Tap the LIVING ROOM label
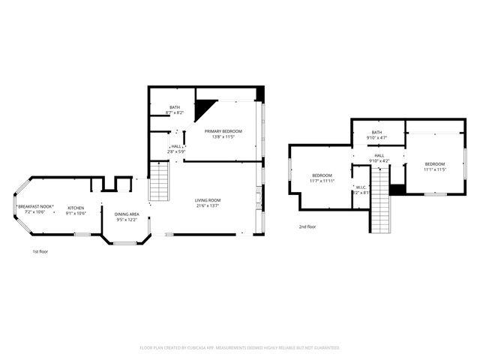coord(208,200)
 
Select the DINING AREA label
coord(127,214)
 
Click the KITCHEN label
coord(76,208)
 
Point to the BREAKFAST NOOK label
coord(34,207)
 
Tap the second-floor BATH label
coord(376,133)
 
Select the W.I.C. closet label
coord(361,187)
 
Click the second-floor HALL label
coord(379,155)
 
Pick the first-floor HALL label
coord(175,147)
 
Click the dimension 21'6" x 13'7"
coord(208,206)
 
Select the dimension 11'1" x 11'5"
coord(435,169)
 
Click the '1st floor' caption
coord(40,252)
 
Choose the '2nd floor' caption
coord(307,226)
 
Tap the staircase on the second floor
coord(380,202)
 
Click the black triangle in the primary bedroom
coord(202,109)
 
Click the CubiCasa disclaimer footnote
coord(240,347)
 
